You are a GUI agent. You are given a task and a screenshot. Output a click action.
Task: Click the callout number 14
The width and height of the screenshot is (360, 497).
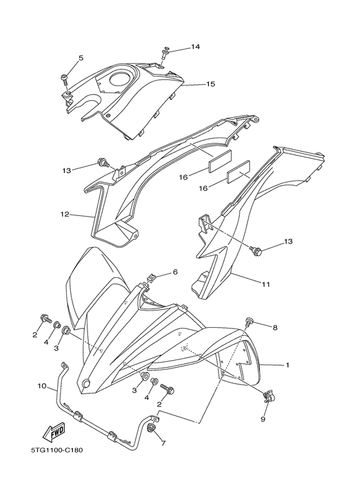pyautogui.click(x=195, y=47)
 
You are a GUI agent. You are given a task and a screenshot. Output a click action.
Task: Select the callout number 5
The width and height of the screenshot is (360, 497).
pyautogui.click(x=81, y=59)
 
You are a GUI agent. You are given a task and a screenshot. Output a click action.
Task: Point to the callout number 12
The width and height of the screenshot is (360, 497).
pyautogui.click(x=64, y=215)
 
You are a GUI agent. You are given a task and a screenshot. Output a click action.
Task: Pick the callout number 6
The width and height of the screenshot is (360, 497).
pyautogui.click(x=175, y=273)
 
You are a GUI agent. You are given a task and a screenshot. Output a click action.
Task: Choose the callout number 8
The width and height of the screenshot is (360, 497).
pyautogui.click(x=274, y=328)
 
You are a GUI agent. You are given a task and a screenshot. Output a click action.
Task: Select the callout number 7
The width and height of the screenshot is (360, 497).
pyautogui.click(x=163, y=443)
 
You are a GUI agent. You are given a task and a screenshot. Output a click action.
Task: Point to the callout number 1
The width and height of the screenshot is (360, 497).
pyautogui.click(x=287, y=365)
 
